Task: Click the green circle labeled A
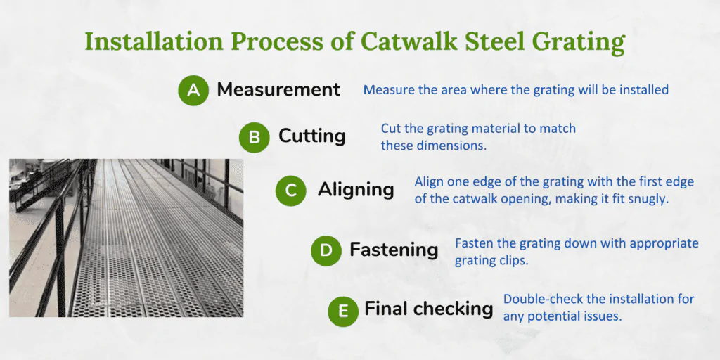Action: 193,90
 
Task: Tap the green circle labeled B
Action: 255,137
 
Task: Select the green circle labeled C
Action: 290,191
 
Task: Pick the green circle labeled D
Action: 326,251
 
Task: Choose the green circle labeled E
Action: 343,311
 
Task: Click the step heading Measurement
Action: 278,89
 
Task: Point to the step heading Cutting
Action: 312,136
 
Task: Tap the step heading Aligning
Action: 356,190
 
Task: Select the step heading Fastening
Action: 394,250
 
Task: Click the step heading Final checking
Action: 429,309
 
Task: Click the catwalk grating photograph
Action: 127,238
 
